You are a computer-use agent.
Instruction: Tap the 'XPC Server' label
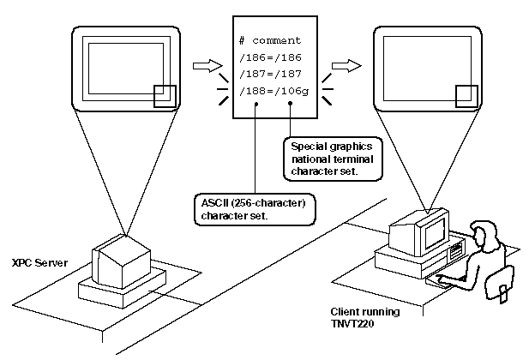click(32, 261)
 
